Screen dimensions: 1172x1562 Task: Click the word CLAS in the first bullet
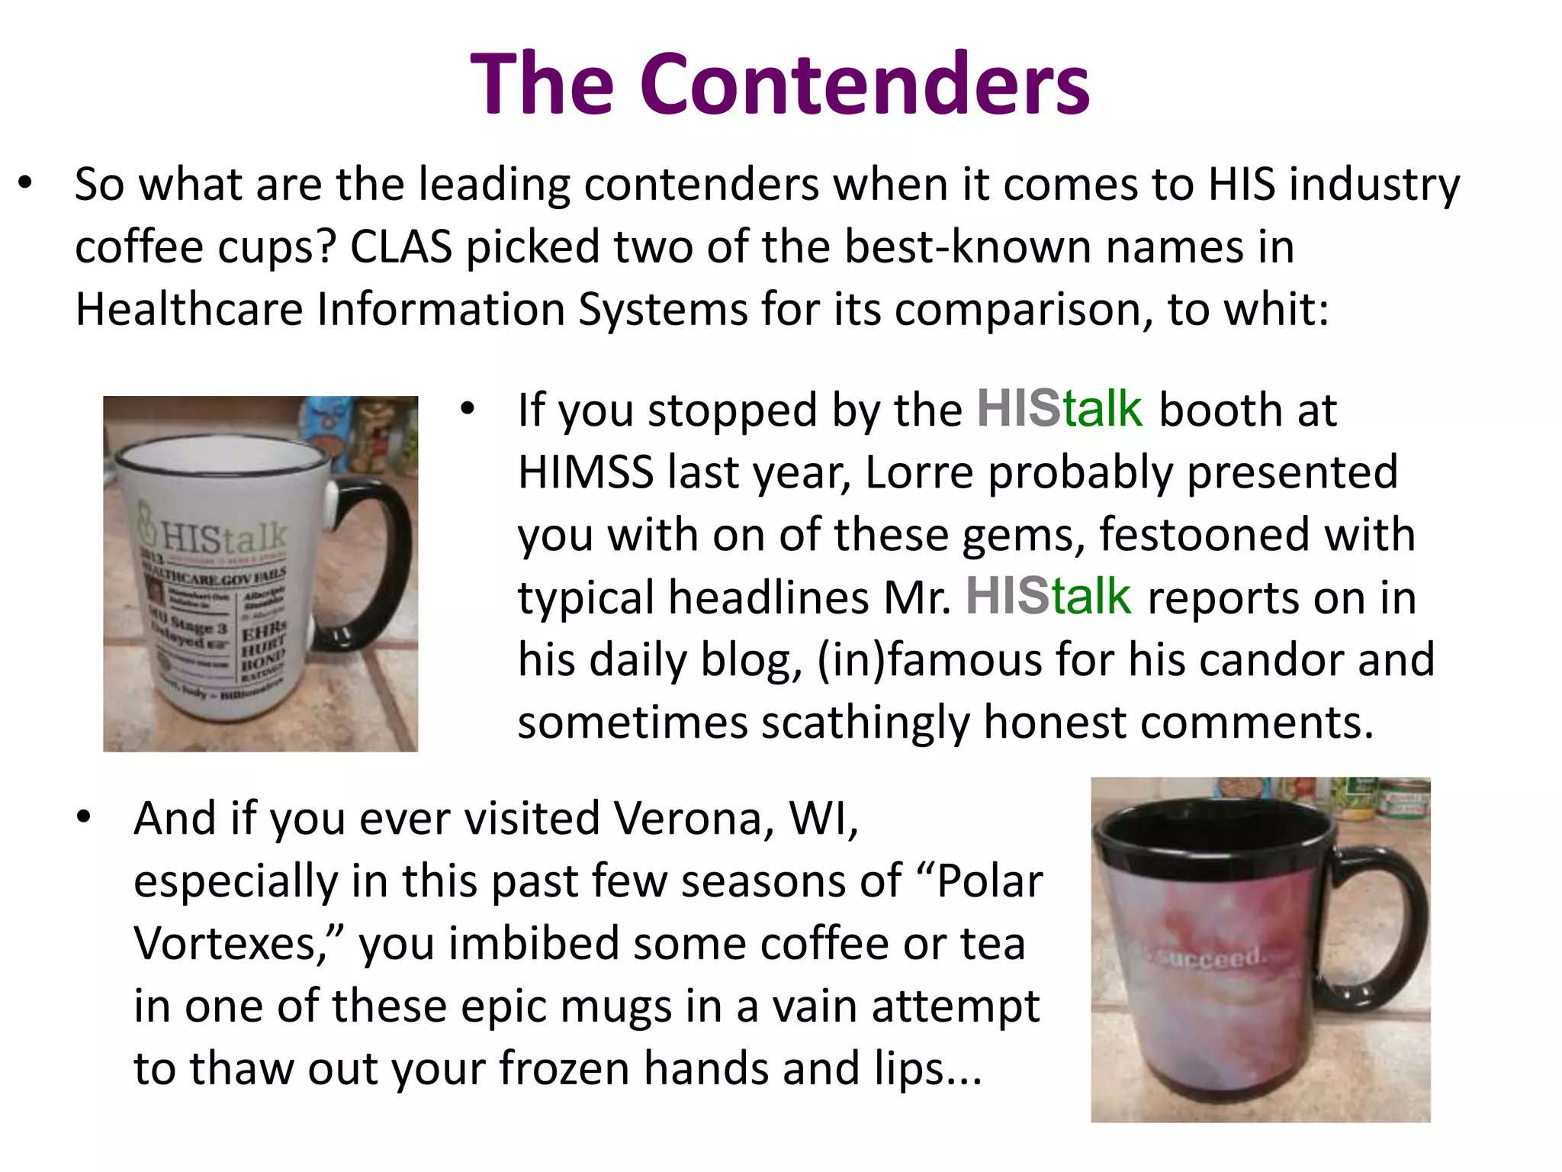click(x=401, y=247)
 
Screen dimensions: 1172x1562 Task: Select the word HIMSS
click(x=585, y=472)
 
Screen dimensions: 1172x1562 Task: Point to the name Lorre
click(x=919, y=472)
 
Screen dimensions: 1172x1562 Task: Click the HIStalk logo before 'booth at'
click(x=1059, y=409)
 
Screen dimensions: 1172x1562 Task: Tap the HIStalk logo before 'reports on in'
click(x=1048, y=596)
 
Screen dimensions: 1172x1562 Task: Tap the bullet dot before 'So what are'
click(x=26, y=185)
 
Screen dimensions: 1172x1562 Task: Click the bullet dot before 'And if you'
click(x=84, y=819)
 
